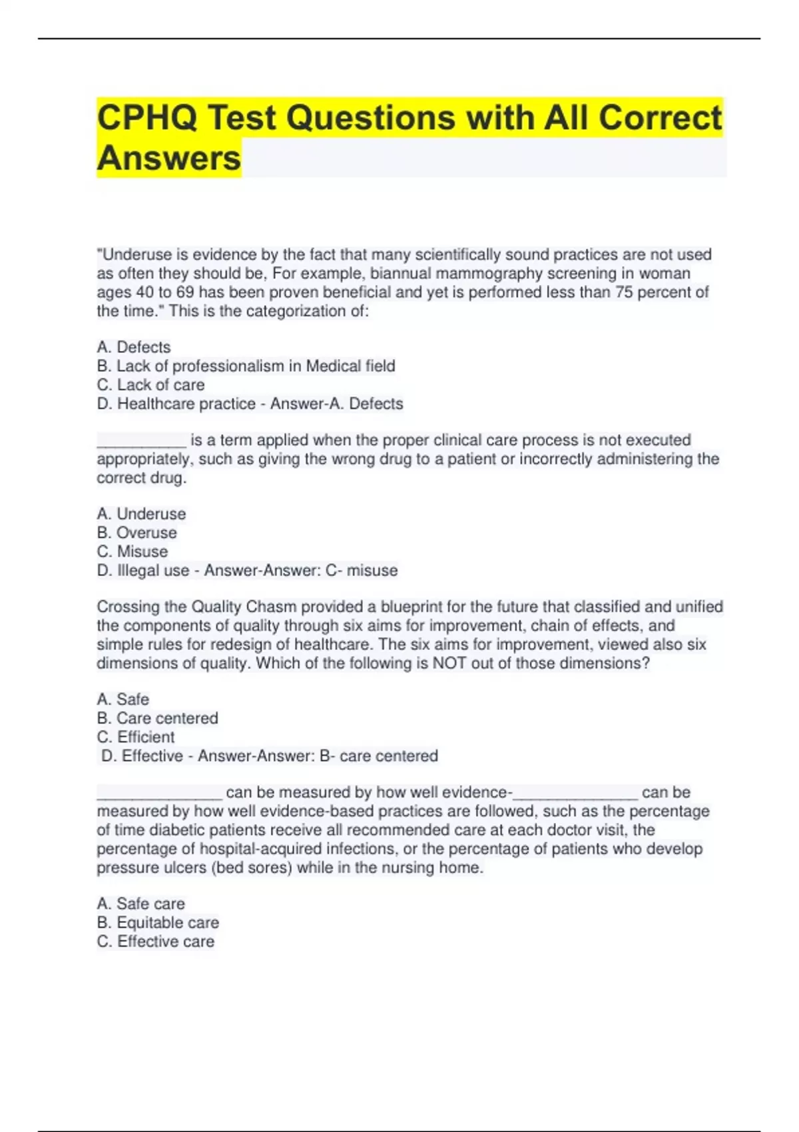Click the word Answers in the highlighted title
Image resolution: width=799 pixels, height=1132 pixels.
(x=169, y=158)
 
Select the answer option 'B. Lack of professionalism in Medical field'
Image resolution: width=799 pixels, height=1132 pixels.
(x=246, y=366)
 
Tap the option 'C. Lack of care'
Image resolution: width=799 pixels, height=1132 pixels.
(x=150, y=384)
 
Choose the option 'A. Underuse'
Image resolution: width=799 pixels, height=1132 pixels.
(x=141, y=513)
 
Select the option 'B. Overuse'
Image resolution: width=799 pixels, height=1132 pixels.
(x=136, y=533)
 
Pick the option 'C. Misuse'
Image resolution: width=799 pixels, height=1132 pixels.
(x=132, y=551)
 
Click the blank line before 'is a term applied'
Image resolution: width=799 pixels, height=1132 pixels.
(x=141, y=441)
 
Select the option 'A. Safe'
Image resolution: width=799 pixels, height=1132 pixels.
(x=123, y=699)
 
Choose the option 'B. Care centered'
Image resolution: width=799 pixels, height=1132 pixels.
(x=157, y=718)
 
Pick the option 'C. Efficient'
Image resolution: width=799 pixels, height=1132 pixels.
(x=135, y=736)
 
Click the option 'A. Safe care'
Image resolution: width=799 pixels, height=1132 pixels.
(x=140, y=904)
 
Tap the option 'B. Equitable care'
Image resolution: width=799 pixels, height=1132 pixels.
(x=158, y=922)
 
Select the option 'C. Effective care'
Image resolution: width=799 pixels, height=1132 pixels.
(x=155, y=941)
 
